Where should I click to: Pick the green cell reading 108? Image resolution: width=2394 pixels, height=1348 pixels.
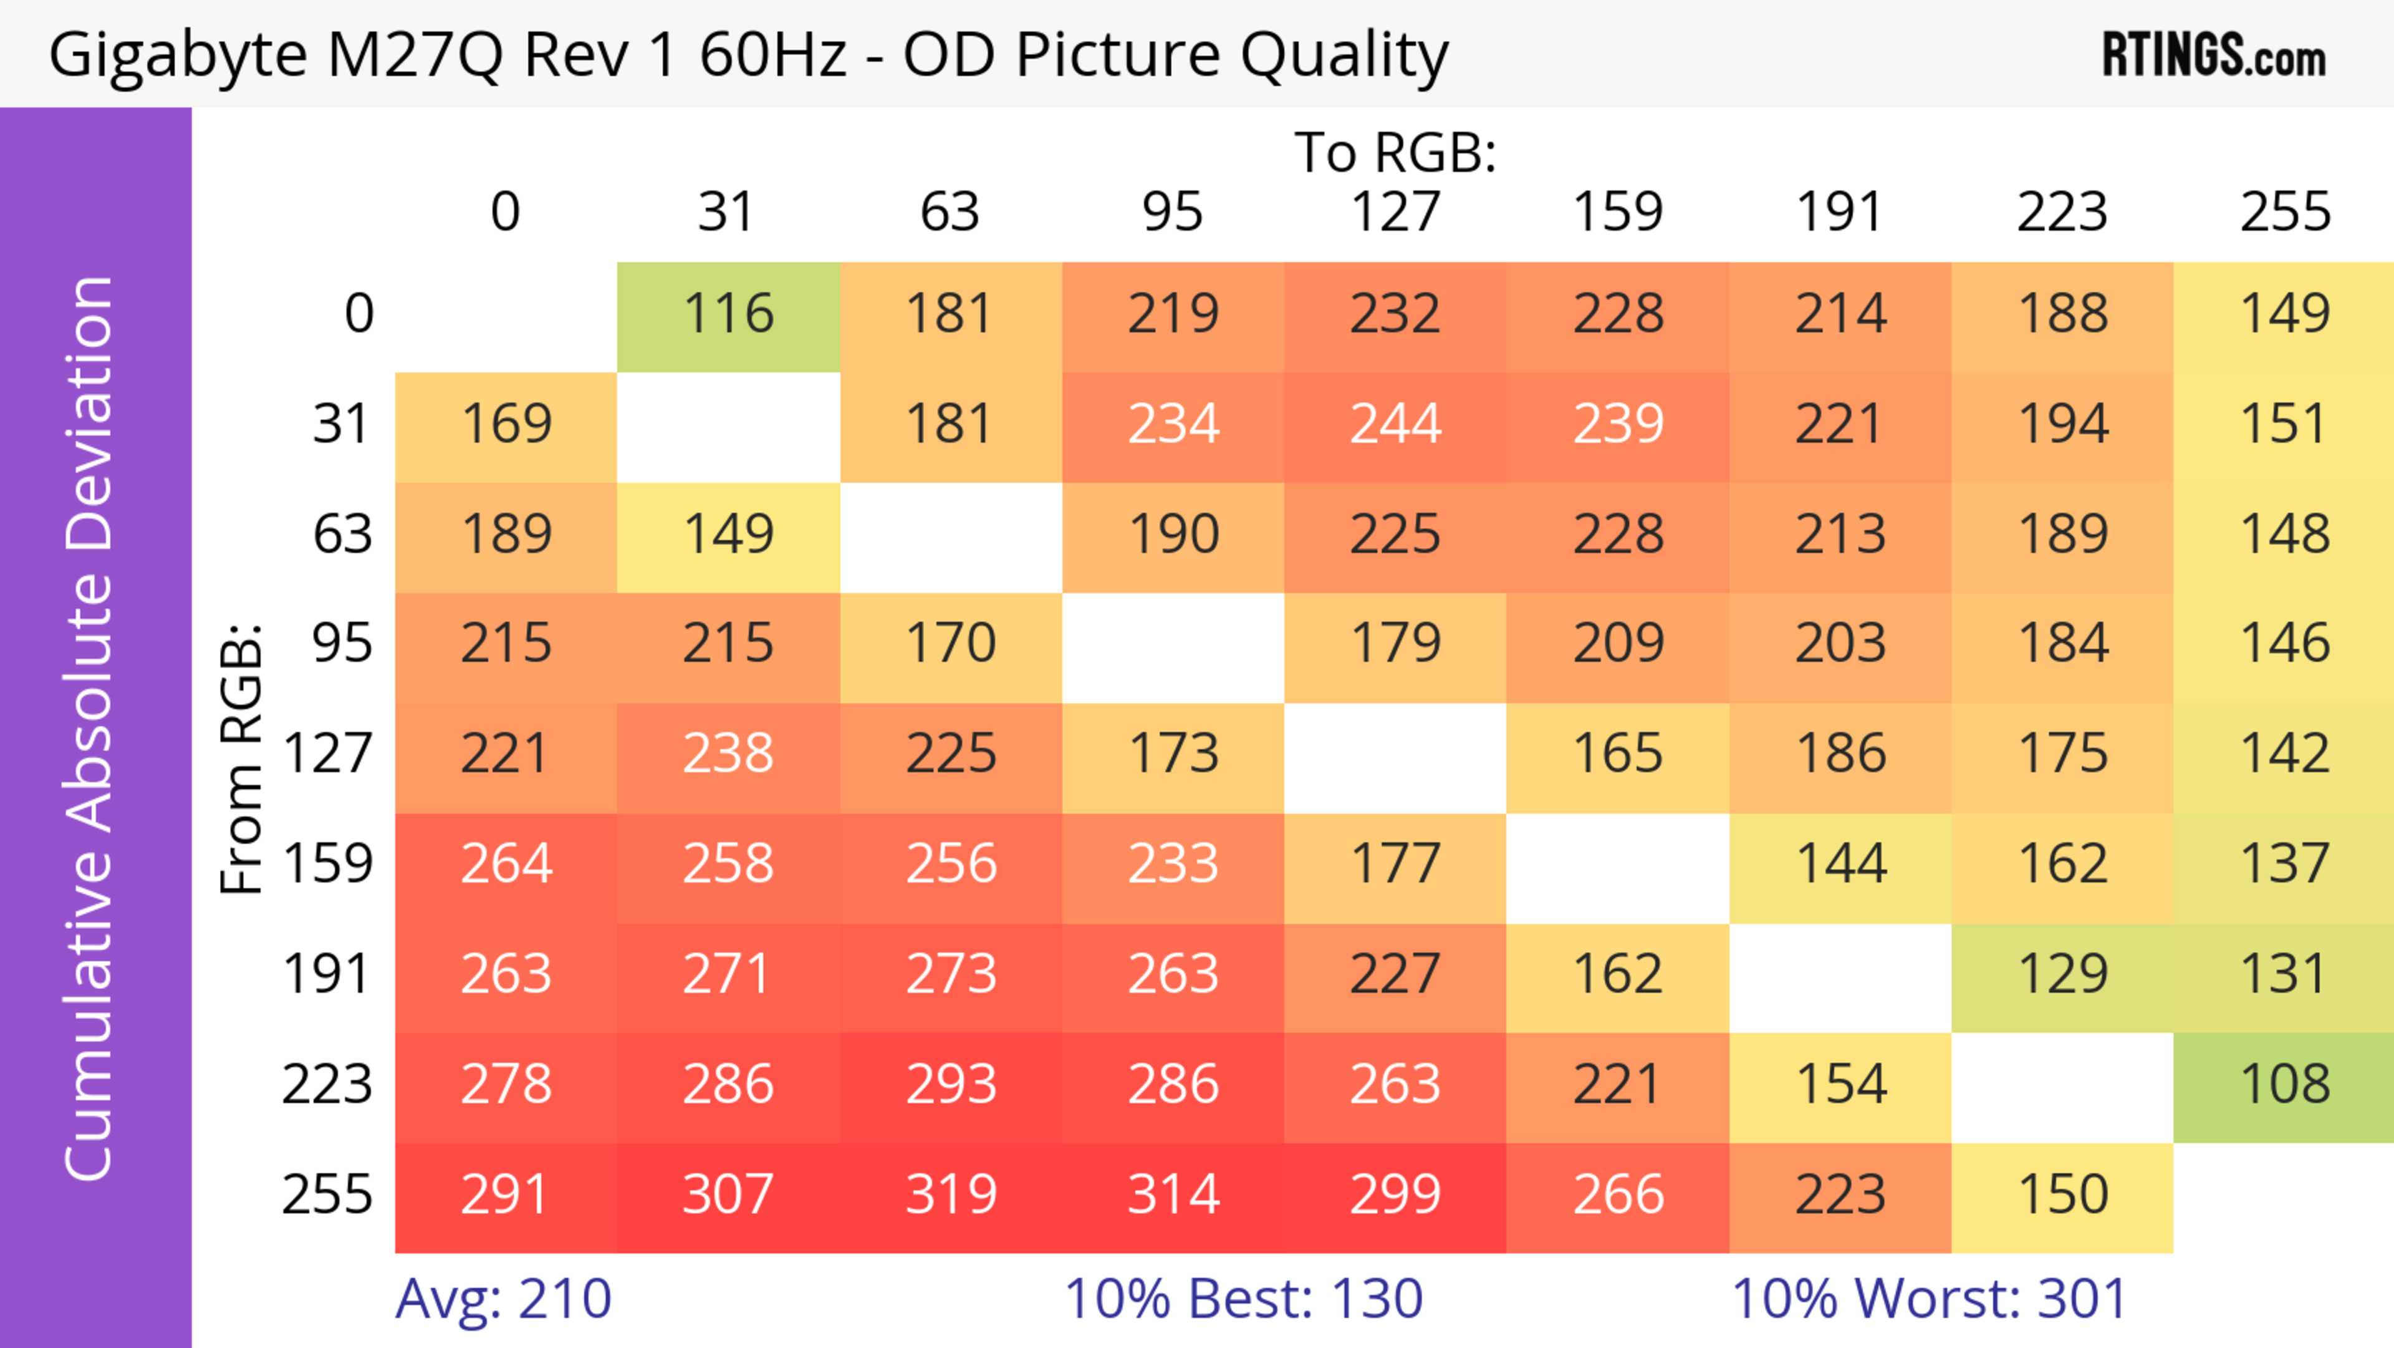2284,1085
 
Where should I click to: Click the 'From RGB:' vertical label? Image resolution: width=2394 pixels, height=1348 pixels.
242,758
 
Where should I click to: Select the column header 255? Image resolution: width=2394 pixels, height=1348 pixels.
2284,213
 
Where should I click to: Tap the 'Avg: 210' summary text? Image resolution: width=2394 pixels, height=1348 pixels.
502,1299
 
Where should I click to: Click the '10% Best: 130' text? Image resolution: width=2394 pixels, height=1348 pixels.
1243,1299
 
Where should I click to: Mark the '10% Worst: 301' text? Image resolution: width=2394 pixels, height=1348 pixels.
1928,1299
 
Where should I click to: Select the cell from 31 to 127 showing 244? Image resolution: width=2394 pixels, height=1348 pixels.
1395,425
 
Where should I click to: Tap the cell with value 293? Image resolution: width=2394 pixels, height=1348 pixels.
951,1085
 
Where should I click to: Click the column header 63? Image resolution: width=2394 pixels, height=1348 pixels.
949,213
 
